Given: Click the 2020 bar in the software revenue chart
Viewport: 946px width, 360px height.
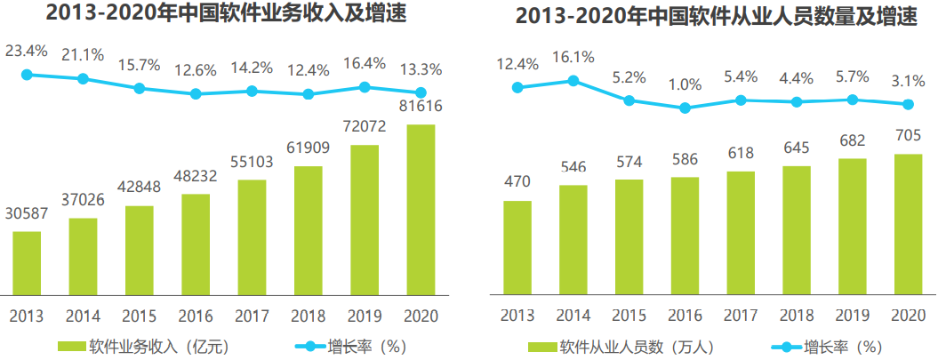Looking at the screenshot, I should pyautogui.click(x=421, y=209).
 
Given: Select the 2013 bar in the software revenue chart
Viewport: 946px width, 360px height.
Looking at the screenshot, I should pyautogui.click(x=27, y=262).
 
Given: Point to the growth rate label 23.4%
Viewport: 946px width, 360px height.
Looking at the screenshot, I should pyautogui.click(x=27, y=50).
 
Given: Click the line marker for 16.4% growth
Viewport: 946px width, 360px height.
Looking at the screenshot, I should pyautogui.click(x=365, y=86).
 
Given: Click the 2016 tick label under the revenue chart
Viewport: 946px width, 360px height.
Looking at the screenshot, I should pyautogui.click(x=196, y=316).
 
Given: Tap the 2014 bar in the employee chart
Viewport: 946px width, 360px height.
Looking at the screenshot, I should pyautogui.click(x=573, y=239).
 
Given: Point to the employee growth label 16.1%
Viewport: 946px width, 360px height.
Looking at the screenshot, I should pyautogui.click(x=573, y=57).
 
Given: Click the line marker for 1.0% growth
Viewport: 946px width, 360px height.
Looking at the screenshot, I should pyautogui.click(x=685, y=108).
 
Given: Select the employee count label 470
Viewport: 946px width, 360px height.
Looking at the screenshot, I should pyautogui.click(x=517, y=181).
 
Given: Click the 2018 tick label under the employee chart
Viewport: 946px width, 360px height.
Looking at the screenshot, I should pyautogui.click(x=797, y=316).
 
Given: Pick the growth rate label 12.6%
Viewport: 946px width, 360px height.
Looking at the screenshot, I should pyautogui.click(x=196, y=68).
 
